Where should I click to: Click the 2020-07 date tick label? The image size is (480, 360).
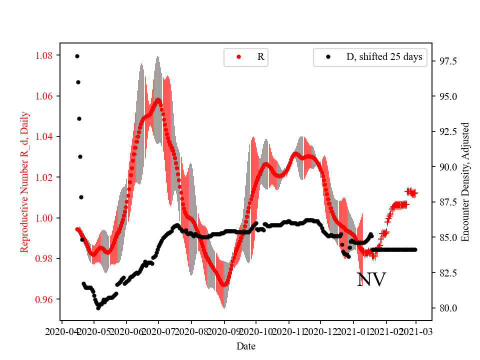coord(158,331)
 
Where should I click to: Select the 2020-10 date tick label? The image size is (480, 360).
coord(256,331)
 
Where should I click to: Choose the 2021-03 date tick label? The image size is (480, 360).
coord(416,331)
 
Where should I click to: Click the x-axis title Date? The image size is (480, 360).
coord(246,345)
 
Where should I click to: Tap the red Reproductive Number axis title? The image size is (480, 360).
coord(25,182)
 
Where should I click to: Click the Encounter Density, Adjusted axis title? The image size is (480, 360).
coord(466,182)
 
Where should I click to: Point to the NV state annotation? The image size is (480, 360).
coord(371,280)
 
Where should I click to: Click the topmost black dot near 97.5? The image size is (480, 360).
coord(77,56)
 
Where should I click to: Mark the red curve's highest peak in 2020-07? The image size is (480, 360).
coord(158,100)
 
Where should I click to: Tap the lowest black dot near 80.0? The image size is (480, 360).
coord(98,308)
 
